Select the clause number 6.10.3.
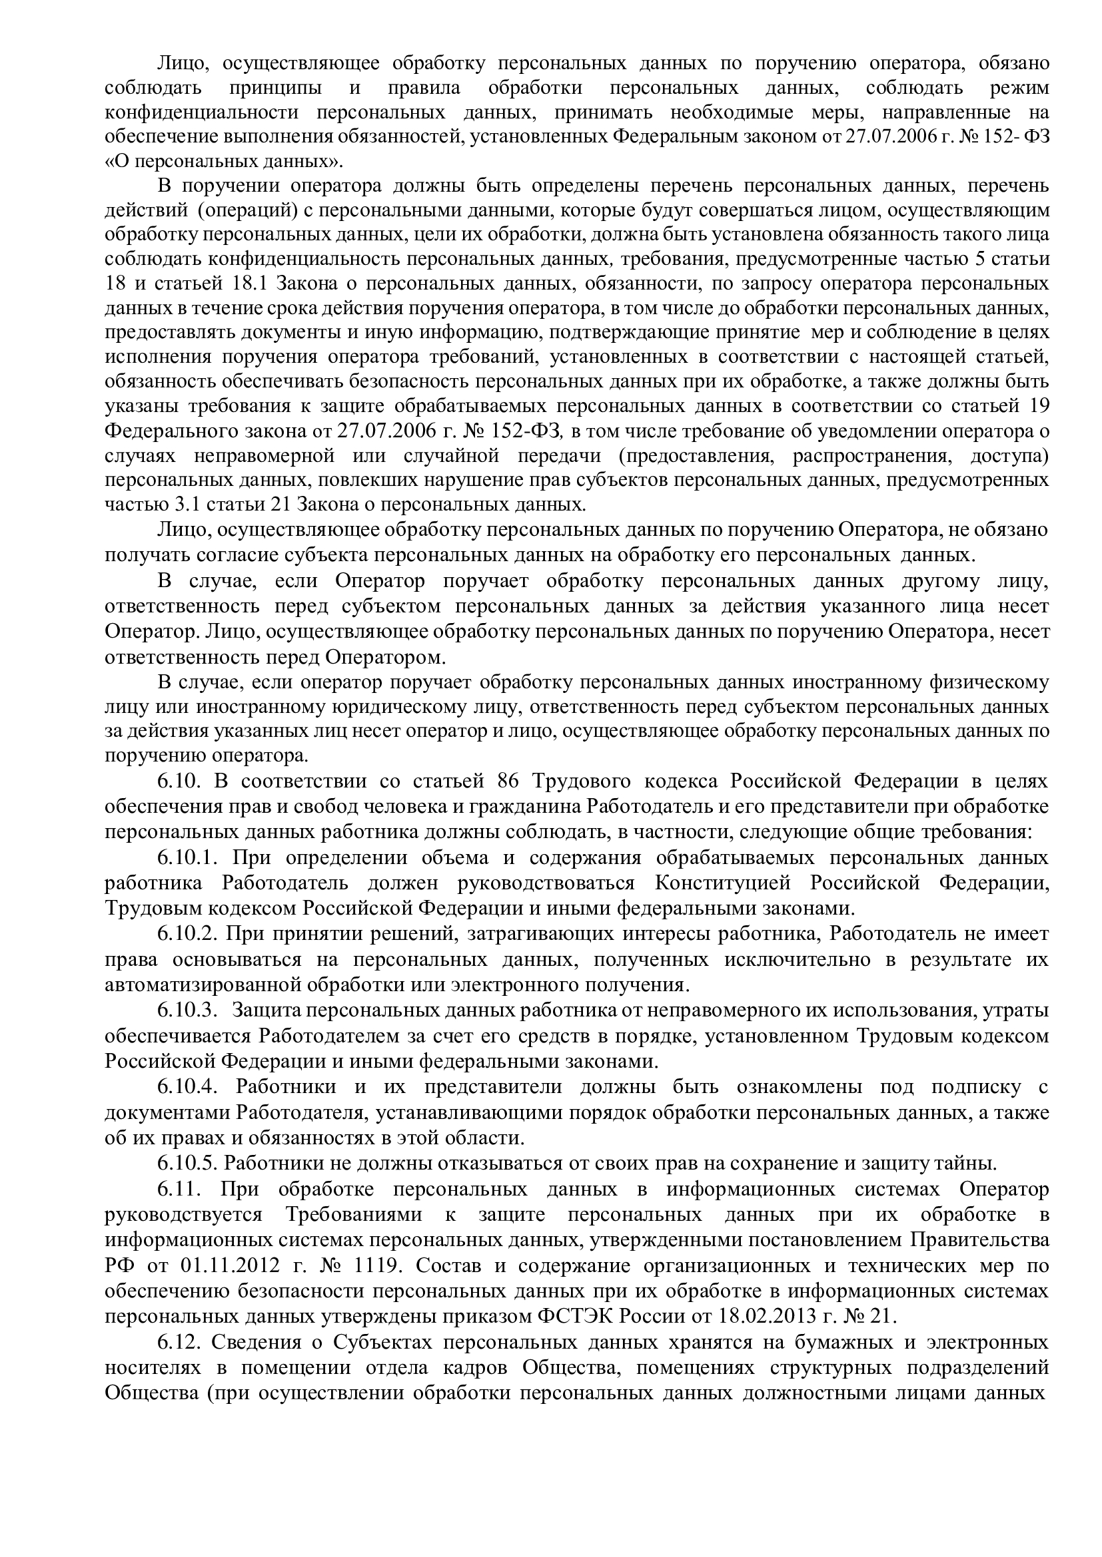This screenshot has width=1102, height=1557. [187, 1010]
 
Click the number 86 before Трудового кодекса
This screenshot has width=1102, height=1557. [508, 781]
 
